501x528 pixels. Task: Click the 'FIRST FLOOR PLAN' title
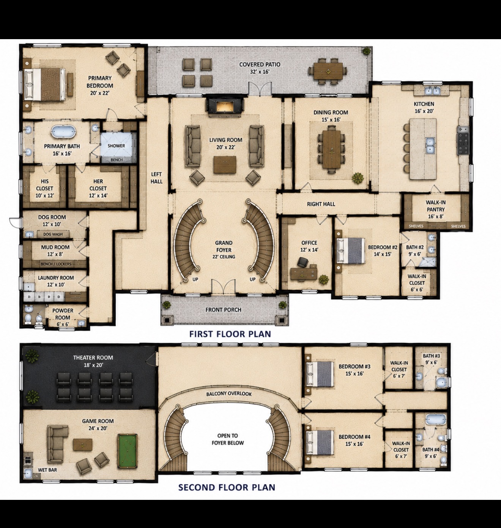[x=230, y=334]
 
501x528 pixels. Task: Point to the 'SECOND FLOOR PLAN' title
[x=227, y=487]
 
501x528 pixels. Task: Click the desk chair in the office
[x=303, y=262]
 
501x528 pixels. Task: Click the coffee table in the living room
[x=225, y=165]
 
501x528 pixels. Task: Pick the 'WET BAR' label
[x=47, y=470]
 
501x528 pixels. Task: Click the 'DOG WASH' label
[x=53, y=234]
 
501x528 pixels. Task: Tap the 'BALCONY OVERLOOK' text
[x=229, y=394]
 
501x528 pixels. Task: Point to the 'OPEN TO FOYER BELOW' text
[x=228, y=439]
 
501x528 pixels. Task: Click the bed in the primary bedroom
[x=45, y=84]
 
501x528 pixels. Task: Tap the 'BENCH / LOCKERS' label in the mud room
[x=56, y=264]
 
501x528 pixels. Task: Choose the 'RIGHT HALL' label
[x=321, y=204]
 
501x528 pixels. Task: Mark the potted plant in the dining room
[x=358, y=178]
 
